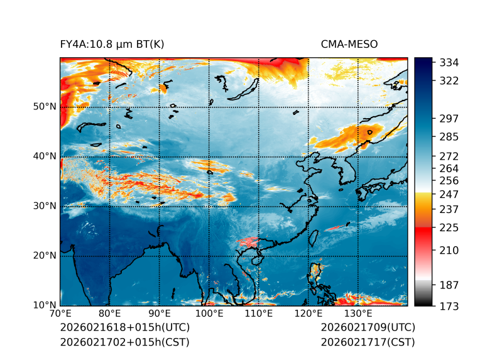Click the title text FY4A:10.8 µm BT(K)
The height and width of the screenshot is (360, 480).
[112, 44]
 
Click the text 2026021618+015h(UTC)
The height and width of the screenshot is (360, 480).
[124, 328]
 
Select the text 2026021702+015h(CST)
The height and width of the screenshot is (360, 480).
[124, 342]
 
